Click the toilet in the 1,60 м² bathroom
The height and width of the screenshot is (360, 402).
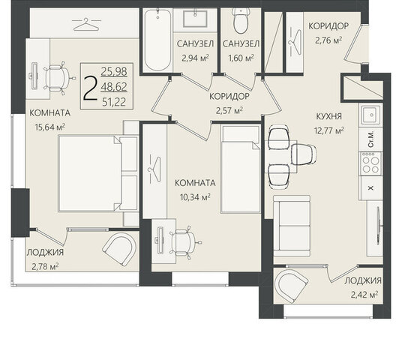coord(241,20)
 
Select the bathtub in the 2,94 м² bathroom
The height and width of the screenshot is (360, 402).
coord(157,40)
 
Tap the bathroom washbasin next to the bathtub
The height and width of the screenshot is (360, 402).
coord(195,19)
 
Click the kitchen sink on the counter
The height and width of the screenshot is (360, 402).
coord(370,115)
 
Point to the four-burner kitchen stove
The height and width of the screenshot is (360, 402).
coord(370,163)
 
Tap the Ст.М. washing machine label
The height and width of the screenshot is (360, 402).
coord(370,140)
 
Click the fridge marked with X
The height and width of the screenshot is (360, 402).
coord(371,188)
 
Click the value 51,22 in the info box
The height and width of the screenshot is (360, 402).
coord(114,102)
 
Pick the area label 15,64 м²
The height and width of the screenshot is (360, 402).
coord(50,127)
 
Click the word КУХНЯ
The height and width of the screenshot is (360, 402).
coord(329,116)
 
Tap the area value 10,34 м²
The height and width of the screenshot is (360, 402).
coord(195,197)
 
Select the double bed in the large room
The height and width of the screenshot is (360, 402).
coord(98,173)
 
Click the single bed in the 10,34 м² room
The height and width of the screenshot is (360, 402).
coord(241,169)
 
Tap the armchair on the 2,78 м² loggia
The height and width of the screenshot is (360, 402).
coord(119,249)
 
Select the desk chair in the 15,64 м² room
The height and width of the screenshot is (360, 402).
coord(57,77)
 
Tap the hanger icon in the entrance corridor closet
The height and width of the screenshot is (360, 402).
coord(295,42)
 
